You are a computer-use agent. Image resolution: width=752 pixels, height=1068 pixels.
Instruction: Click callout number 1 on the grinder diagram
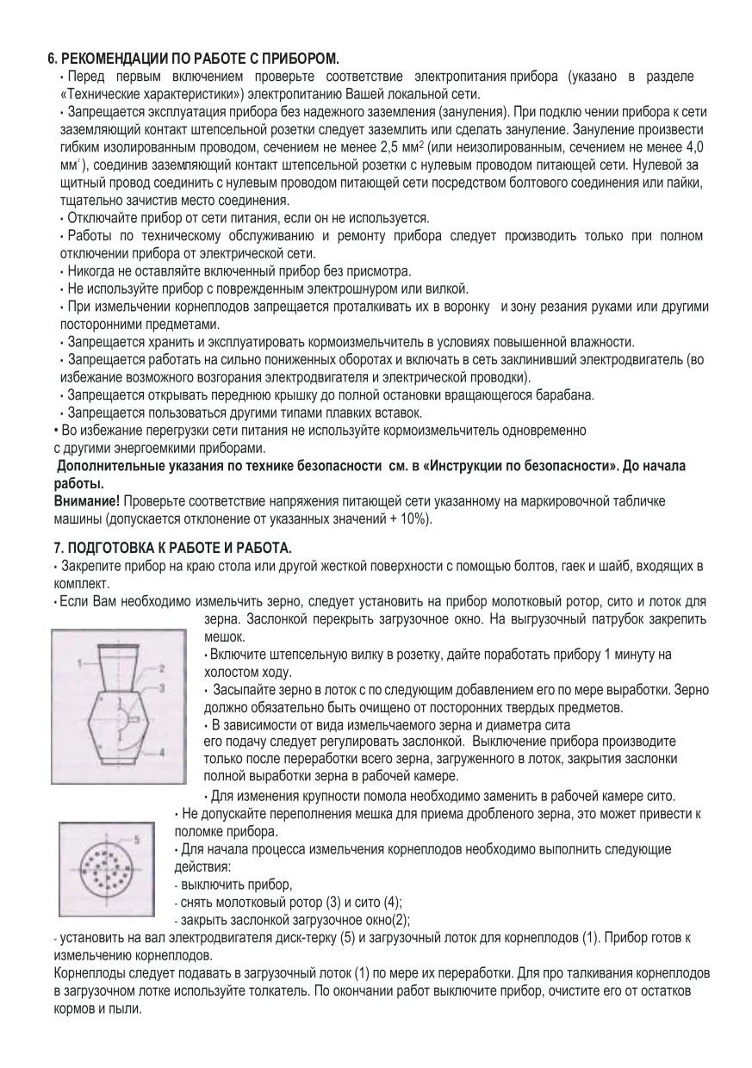click(x=78, y=664)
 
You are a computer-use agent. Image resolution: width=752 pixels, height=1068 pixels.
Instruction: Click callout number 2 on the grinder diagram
click(x=161, y=667)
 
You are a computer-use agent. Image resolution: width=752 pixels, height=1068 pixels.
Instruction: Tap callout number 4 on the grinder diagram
click(x=161, y=752)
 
